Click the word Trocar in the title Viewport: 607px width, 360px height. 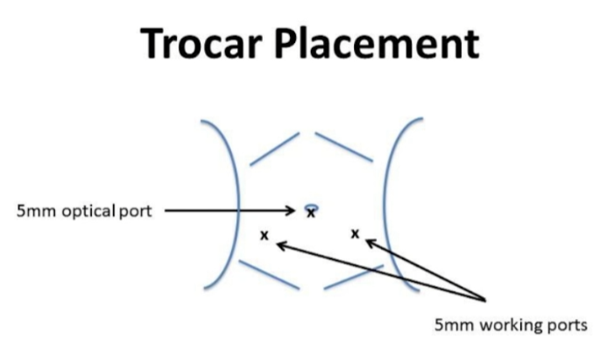point(201,43)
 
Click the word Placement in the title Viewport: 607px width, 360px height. point(377,43)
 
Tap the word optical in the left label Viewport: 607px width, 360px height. point(88,211)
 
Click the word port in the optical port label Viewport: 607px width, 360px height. point(136,212)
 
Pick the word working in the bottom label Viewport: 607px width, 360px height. point(511,326)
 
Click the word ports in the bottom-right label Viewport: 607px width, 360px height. point(567,326)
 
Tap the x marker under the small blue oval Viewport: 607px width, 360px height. point(310,214)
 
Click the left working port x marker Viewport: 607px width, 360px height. point(265,236)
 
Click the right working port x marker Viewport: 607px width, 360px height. point(355,234)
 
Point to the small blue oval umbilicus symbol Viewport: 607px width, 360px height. point(312,208)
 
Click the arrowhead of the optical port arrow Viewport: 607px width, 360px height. point(291,211)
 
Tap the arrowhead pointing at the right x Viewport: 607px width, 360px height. point(371,243)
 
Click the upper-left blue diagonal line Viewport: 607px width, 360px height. point(275,149)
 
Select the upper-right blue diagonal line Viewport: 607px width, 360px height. point(344,146)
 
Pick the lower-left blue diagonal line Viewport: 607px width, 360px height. point(270,275)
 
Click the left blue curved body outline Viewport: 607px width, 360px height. point(237,205)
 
